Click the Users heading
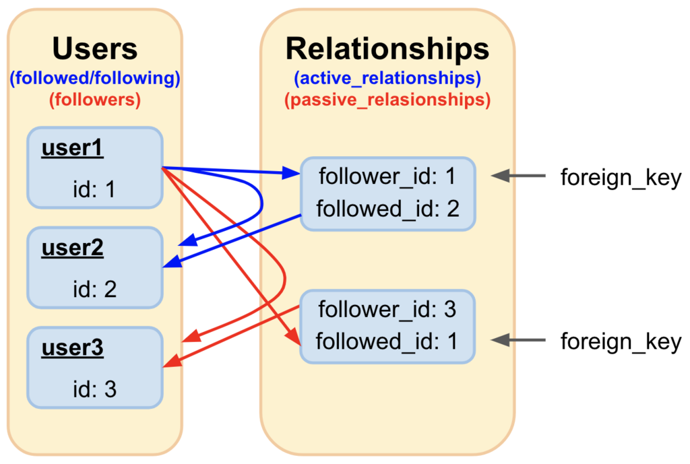point(94,48)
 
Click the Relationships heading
point(387,48)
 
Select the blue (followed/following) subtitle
point(95,78)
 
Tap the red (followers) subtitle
point(95,100)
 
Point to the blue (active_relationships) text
point(387,78)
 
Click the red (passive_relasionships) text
point(387,100)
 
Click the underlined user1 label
point(73,148)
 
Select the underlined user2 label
point(73,248)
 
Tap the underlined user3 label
point(73,348)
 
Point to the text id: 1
point(94,189)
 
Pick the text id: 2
point(94,289)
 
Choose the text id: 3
point(94,389)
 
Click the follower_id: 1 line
point(387,177)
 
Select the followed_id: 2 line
point(387,209)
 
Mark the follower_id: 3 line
point(387,310)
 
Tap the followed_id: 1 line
point(387,341)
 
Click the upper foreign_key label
point(621,178)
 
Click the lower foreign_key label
point(621,342)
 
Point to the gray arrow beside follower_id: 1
point(518,176)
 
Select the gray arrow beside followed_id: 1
point(518,340)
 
